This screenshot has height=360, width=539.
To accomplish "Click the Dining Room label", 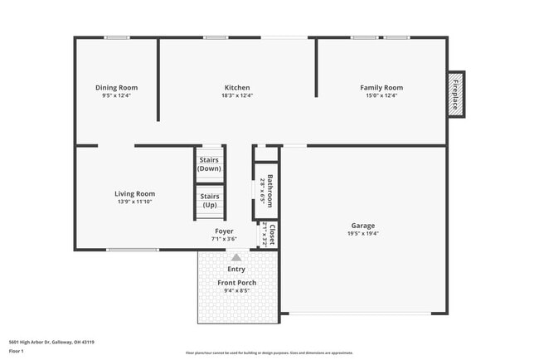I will tap(116, 88).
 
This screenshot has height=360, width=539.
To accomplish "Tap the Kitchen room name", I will tap(237, 88).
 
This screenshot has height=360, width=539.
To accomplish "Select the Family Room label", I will tap(381, 88).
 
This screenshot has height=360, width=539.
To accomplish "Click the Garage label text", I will tap(362, 226).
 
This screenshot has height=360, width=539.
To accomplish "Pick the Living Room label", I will tap(134, 194).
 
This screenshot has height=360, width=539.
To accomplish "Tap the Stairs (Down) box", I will tap(209, 163).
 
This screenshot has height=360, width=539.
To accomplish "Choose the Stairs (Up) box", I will tap(209, 200).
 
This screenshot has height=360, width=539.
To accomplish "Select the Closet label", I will tap(270, 235).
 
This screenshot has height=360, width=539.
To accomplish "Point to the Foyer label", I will tap(224, 231).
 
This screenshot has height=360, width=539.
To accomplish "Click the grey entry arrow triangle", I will tap(236, 258).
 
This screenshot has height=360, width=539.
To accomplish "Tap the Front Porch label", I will tap(236, 283).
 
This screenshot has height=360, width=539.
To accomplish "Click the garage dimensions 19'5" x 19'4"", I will tap(362, 233).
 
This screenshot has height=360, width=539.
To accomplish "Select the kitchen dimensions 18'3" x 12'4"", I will tap(237, 95).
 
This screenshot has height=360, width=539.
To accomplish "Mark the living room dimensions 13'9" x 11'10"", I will tap(134, 202).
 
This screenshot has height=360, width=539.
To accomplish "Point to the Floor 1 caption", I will tap(17, 351).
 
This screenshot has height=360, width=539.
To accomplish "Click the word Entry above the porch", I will tap(236, 269).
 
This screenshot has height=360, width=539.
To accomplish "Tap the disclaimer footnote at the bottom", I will tap(269, 353).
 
